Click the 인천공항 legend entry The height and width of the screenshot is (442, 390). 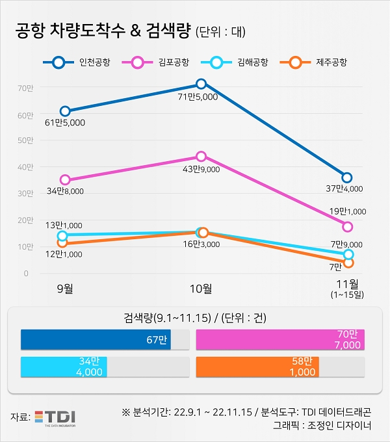[77, 63]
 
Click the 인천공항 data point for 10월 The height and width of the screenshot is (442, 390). [201, 84]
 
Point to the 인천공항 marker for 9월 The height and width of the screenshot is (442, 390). [64, 111]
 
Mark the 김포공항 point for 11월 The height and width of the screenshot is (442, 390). [348, 226]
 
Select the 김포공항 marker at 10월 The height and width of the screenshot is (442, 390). [201, 157]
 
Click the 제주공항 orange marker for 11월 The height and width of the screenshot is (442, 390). [348, 263]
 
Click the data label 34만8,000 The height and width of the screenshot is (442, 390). [66, 192]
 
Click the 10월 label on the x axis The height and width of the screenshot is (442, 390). [201, 288]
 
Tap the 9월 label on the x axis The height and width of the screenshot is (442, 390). [64, 288]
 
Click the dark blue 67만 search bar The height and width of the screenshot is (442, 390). [96, 339]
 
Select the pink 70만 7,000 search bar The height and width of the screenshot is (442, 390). [279, 339]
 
